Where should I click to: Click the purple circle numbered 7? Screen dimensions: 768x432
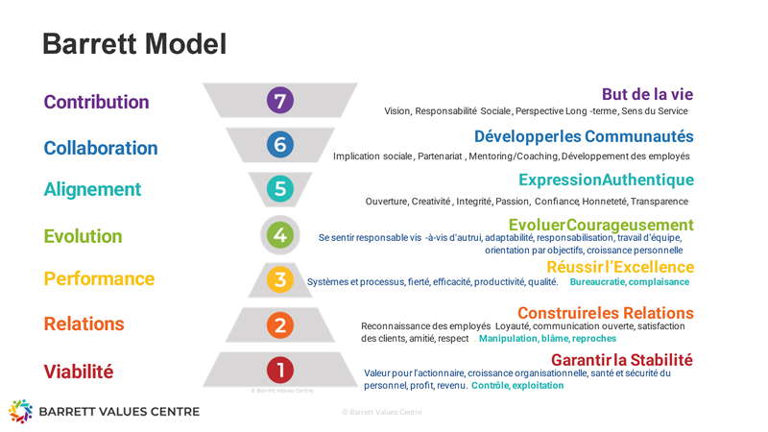point(280,100)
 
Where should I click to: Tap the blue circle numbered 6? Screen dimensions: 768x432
point(280,145)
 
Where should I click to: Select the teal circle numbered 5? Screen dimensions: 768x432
point(280,188)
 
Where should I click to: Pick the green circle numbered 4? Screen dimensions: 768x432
point(280,234)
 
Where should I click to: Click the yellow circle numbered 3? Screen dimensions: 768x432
point(280,279)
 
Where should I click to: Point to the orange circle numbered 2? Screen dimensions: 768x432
point(280,325)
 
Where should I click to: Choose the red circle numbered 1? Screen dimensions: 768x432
point(280,370)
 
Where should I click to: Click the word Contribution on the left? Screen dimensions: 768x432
point(97,102)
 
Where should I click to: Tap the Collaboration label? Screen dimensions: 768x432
point(101,148)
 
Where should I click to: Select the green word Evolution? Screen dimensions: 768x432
point(84,236)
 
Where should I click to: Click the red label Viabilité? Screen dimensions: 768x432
point(79,372)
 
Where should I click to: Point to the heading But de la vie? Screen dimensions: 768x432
point(647,94)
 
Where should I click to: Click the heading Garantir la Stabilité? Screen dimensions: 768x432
point(622,360)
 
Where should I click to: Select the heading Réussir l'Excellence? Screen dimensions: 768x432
point(620,267)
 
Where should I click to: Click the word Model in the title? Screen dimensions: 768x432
point(186,43)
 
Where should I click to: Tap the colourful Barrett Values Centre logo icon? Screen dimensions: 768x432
point(20,411)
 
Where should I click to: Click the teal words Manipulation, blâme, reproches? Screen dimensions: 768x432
point(547,339)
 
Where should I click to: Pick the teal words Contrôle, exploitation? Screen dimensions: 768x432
point(517,386)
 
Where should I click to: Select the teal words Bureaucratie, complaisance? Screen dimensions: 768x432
point(630,281)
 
